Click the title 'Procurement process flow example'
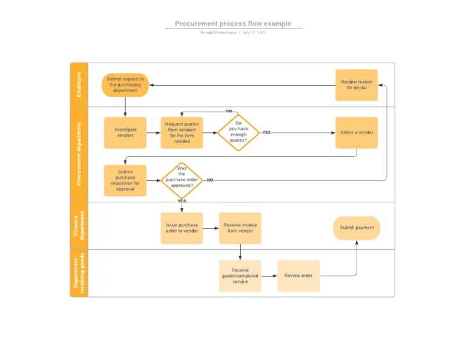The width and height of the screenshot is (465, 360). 233,24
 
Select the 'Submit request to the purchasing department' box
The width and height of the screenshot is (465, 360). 125,85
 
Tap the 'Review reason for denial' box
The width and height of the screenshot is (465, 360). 357,85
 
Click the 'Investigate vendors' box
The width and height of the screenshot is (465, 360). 125,133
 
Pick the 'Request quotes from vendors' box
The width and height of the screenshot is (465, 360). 182,133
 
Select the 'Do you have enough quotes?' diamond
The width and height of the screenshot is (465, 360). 239,133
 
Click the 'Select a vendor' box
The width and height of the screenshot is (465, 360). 357,133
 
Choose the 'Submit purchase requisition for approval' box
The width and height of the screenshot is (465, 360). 125,181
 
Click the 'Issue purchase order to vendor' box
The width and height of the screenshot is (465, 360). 182,228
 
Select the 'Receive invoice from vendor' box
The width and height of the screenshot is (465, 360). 240,228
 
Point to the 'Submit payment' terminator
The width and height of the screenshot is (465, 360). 357,228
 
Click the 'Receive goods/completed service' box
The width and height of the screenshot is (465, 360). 240,276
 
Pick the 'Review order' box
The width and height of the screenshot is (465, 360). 298,276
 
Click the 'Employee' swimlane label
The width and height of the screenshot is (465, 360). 79,85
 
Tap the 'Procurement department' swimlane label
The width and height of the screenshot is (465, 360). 79,155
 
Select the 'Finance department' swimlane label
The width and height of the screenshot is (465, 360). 79,225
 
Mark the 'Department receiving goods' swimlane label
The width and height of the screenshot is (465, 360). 79,273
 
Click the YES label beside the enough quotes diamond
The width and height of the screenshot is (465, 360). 266,132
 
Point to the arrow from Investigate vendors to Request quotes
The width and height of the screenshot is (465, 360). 153,133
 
